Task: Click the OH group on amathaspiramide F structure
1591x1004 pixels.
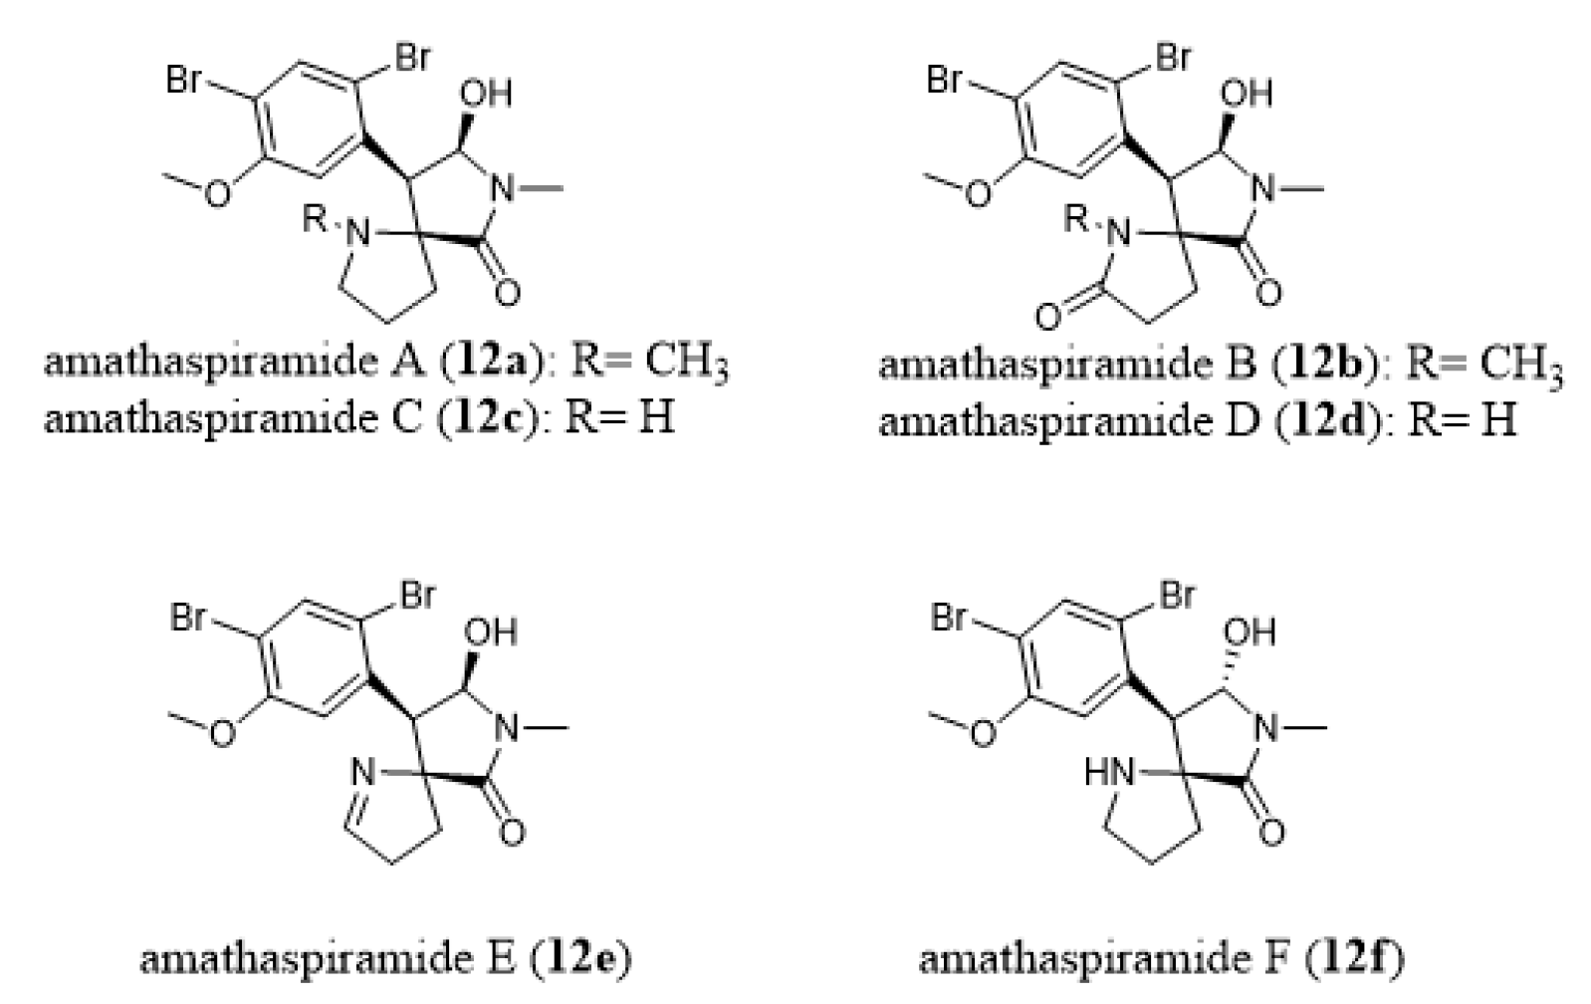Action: pyautogui.click(x=1250, y=631)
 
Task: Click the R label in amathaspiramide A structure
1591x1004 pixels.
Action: pyautogui.click(x=316, y=219)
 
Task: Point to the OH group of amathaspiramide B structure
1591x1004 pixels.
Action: pyautogui.click(x=1247, y=93)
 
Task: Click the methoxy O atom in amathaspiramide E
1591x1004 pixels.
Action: pyautogui.click(x=223, y=734)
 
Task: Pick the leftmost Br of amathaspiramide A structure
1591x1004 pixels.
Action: pyautogui.click(x=185, y=80)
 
